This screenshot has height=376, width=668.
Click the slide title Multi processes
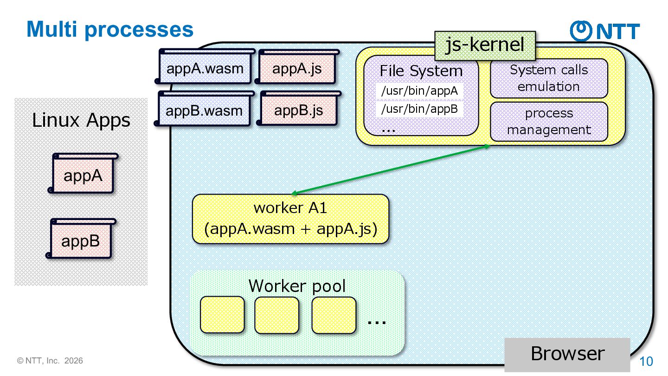pos(110,29)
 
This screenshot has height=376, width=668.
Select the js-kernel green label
pos(485,45)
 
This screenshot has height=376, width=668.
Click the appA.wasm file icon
pos(205,69)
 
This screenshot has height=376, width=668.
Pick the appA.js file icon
pos(297,69)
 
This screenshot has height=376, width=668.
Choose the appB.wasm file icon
pos(204,110)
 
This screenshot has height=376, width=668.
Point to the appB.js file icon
pos(298,110)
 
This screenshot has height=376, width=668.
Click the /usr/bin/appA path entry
pos(419,91)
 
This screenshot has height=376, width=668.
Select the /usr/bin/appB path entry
pos(419,109)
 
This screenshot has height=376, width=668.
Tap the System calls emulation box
pos(549,78)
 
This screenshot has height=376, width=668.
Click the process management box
pos(549,122)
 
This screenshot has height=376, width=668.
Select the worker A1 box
pos(290,219)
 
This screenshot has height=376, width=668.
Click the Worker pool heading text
pos(297,285)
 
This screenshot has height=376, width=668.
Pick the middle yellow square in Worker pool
pos(276,315)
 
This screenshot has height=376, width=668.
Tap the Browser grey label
pos(567,354)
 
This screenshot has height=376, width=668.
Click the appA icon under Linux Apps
pos(83,175)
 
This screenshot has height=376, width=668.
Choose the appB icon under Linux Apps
pos(81,240)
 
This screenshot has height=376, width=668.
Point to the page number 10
pos(646,362)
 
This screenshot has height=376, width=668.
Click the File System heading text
pos(421,71)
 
